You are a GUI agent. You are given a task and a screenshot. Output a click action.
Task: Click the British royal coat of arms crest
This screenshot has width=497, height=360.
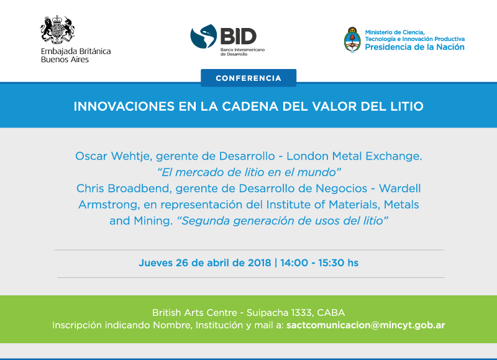57,29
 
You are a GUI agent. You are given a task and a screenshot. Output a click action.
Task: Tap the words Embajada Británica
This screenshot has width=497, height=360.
76,52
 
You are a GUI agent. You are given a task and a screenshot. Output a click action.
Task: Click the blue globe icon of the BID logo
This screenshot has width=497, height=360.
204,36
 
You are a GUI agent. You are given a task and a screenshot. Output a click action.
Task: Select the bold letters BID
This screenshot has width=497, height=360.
239,36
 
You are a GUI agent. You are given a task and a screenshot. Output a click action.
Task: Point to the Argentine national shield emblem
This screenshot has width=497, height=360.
352,40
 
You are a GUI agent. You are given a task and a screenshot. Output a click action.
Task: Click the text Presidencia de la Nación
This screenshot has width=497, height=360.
414,47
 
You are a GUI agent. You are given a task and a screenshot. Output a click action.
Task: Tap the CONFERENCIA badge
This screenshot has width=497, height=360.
248,78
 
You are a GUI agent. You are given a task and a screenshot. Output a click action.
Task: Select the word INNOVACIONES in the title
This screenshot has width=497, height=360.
124,106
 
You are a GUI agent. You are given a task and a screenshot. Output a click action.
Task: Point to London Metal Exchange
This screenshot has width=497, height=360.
354,156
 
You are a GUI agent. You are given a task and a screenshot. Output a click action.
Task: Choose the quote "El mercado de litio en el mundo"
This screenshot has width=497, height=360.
249,172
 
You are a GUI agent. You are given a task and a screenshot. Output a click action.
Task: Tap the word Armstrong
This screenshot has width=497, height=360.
109,205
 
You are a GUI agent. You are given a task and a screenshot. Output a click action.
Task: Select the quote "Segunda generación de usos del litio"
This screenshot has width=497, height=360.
283,221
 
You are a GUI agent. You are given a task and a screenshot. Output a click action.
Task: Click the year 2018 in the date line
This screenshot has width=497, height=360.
259,262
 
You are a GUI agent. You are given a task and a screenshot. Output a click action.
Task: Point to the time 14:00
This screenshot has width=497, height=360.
294,262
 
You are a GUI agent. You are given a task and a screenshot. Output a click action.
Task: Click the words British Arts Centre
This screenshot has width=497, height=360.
194,313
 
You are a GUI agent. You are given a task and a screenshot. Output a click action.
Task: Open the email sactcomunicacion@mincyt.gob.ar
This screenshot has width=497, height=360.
365,325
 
